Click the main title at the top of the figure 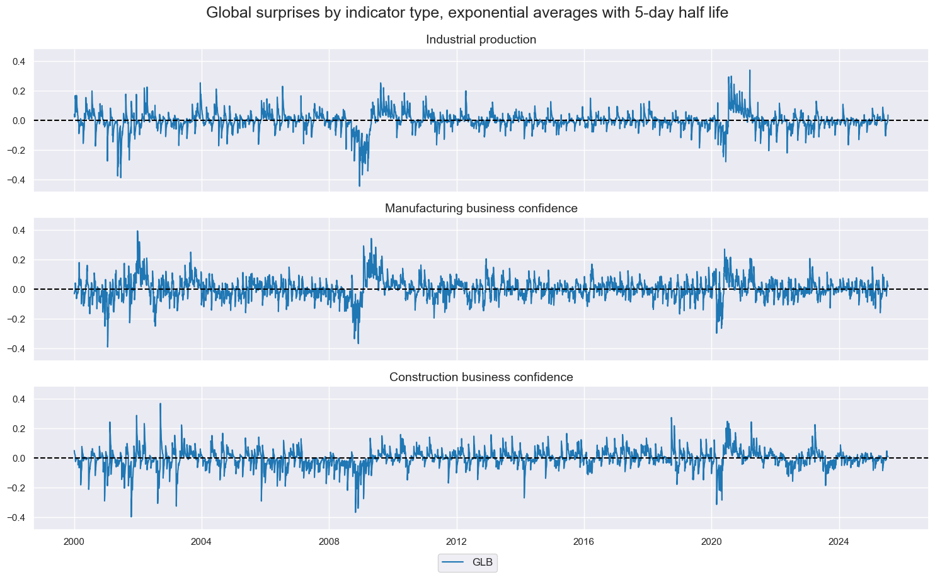[x=467, y=13]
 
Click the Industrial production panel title [x=481, y=40]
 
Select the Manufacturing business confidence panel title [x=481, y=209]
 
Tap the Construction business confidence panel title [x=481, y=377]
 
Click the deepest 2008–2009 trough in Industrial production [x=359, y=186]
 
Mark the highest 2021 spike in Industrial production [x=750, y=71]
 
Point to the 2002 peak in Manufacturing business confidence [x=137, y=231]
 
